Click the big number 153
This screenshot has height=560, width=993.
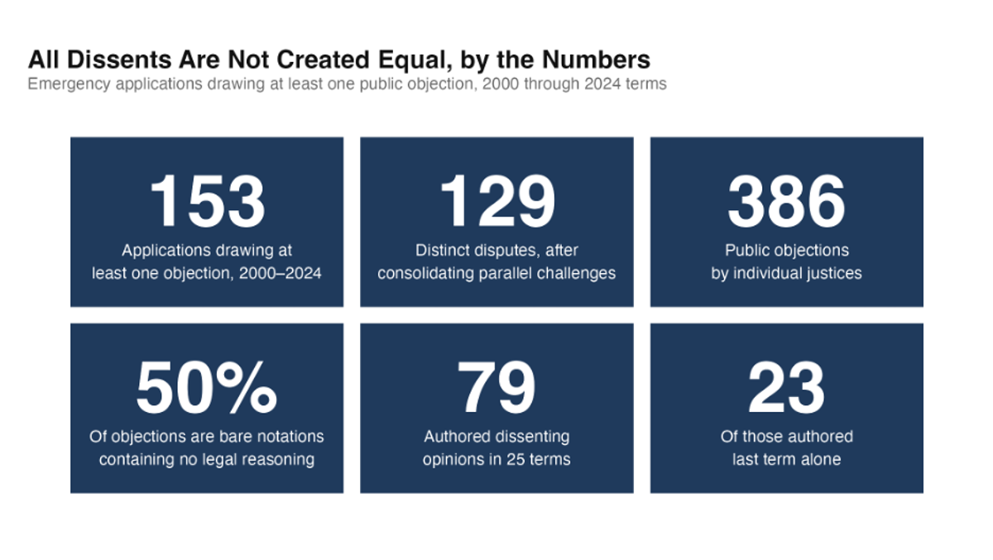coord(208,201)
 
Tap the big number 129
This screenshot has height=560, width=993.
coord(497,201)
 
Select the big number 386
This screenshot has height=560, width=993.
coord(786,201)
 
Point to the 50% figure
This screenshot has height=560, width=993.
coord(207,388)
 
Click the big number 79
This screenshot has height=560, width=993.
coord(496,388)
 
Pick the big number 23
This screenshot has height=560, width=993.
coord(786,388)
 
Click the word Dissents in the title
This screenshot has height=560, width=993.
coord(119,60)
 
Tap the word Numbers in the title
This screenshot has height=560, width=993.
coord(596,60)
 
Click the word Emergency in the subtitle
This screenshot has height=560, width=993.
coord(69,84)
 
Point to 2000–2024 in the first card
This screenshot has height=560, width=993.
coord(281,273)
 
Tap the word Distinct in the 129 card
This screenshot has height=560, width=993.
coord(442,251)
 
